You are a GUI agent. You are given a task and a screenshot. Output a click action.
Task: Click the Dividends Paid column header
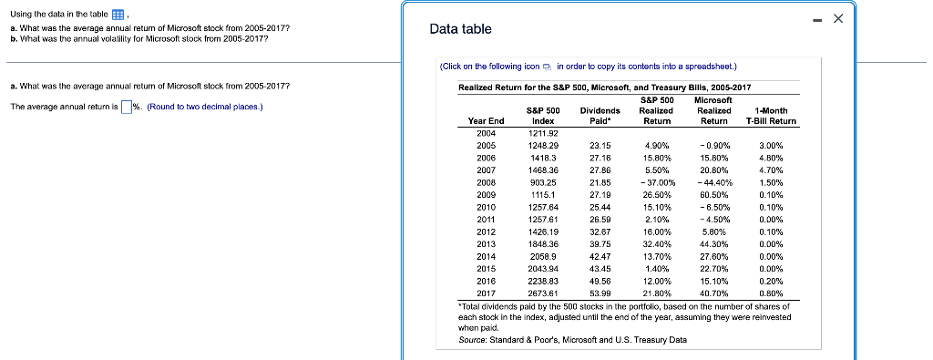point(600,115)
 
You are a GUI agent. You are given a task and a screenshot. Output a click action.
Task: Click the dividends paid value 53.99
point(600,293)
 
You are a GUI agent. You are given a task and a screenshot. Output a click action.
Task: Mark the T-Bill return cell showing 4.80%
point(770,157)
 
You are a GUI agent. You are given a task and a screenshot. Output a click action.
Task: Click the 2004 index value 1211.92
point(542,133)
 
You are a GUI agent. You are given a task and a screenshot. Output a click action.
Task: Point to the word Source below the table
point(474,340)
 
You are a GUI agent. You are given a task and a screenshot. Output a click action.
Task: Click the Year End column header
point(486,120)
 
